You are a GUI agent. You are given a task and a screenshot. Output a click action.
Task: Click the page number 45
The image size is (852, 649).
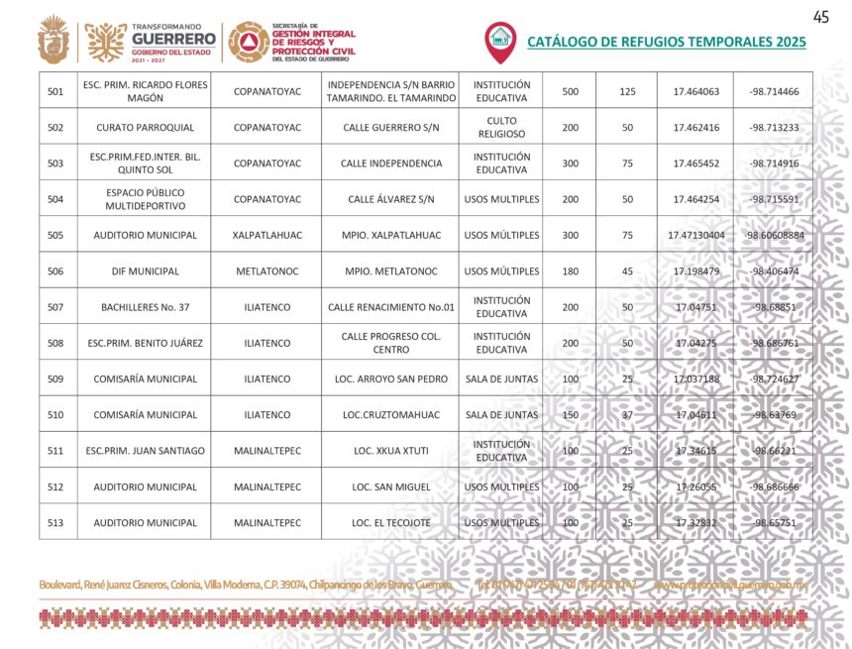click(820, 17)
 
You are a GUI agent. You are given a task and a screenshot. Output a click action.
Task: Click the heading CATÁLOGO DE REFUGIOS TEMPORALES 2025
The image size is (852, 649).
click(666, 43)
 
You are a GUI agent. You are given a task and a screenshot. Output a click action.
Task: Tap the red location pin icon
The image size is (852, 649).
click(499, 41)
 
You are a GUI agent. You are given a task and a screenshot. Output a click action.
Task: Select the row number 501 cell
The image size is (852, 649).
click(55, 92)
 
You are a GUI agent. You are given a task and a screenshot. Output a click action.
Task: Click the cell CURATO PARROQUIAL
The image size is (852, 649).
click(145, 128)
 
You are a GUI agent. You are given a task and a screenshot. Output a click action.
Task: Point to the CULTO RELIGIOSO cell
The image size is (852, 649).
click(501, 128)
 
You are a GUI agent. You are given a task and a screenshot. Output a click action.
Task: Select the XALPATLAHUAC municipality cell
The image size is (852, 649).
click(266, 236)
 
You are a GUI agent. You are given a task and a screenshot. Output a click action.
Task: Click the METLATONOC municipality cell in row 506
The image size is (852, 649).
click(266, 271)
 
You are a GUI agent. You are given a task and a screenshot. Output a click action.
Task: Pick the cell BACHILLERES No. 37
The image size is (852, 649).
click(145, 307)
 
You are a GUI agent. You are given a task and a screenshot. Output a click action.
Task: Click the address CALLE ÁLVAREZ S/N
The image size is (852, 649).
click(390, 199)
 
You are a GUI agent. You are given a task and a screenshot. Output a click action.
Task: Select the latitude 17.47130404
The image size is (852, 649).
click(695, 236)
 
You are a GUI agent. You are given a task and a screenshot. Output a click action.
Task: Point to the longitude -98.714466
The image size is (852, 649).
click(774, 92)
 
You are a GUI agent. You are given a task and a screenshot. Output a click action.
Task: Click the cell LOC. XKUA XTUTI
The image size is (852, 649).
click(390, 451)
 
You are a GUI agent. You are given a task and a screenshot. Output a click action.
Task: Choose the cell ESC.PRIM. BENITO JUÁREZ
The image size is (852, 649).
click(145, 343)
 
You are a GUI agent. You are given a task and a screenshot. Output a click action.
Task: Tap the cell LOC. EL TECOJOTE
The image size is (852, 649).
click(390, 522)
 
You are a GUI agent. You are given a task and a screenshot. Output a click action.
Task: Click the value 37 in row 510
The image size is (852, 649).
click(626, 415)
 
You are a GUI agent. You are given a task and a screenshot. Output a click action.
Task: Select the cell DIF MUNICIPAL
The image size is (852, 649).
click(145, 271)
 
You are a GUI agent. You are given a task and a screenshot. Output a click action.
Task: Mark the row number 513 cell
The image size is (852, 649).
click(55, 522)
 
